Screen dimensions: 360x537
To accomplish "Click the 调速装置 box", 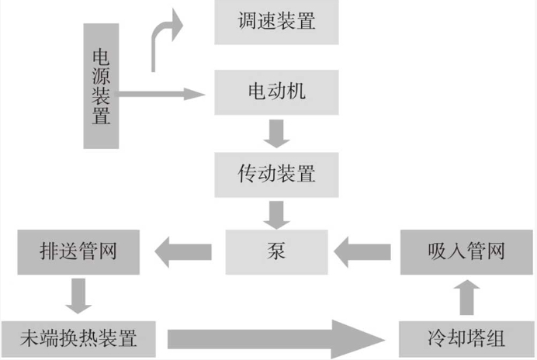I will tap(277, 22).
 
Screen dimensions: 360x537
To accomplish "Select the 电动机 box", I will tap(277, 92).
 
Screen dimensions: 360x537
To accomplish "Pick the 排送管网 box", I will tap(78, 251).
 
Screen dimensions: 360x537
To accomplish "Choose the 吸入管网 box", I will tap(466, 251).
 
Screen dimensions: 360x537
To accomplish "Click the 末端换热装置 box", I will tap(78, 338).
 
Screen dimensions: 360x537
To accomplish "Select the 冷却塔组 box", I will tap(466, 338).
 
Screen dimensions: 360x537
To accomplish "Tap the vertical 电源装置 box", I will tap(101, 86).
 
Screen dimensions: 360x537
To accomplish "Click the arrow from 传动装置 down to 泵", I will tap(276, 213).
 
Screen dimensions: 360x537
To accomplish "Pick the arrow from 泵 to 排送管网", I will tap(184, 251).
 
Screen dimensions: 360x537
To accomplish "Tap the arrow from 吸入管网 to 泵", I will tap(363, 251).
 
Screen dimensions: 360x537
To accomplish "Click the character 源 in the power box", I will tap(101, 76).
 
